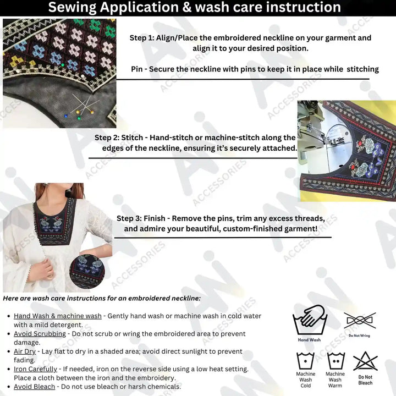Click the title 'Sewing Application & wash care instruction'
[194, 8]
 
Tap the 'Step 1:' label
[144, 38]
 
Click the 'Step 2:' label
[109, 137]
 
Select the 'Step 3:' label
[131, 218]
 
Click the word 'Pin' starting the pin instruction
[137, 69]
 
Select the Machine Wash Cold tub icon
[306, 360]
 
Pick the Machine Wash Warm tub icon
[335, 360]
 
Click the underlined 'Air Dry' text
[25, 351]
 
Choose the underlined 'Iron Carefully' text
[35, 369]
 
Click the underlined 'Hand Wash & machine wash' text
[58, 316]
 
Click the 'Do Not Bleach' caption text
[365, 380]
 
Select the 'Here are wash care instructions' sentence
[102, 298]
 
